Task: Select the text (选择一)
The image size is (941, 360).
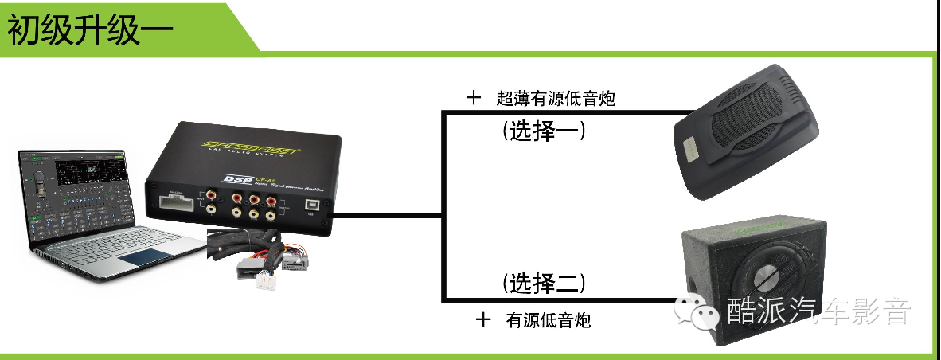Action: (545, 131)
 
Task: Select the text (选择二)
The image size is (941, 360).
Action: (545, 282)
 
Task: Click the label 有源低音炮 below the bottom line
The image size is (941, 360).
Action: (549, 321)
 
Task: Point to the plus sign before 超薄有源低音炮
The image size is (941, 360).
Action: (474, 98)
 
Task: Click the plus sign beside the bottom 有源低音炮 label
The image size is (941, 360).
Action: (483, 320)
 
